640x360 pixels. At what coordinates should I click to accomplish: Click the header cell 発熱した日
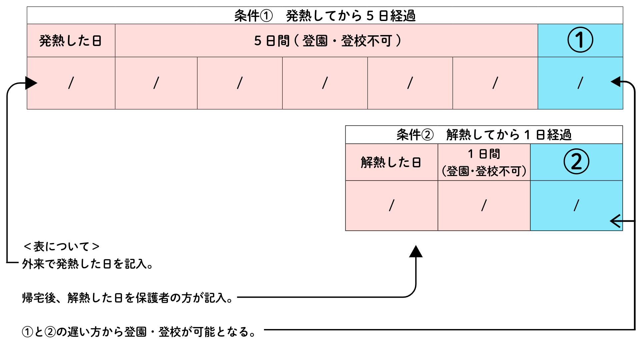pyautogui.click(x=71, y=41)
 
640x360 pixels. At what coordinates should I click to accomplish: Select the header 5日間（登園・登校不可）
pyautogui.click(x=327, y=41)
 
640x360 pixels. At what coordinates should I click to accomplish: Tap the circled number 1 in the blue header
pyautogui.click(x=580, y=40)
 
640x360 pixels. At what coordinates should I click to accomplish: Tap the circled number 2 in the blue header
pyautogui.click(x=576, y=162)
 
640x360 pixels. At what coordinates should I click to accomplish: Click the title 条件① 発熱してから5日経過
pyautogui.click(x=325, y=16)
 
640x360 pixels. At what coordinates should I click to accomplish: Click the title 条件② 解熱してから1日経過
pyautogui.click(x=484, y=135)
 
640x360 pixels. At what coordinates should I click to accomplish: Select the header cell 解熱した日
pyautogui.click(x=391, y=162)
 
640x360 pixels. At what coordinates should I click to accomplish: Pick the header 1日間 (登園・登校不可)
pyautogui.click(x=484, y=162)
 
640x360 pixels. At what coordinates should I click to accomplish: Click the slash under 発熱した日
pyautogui.click(x=71, y=83)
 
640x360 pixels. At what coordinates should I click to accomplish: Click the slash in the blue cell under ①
pyautogui.click(x=580, y=83)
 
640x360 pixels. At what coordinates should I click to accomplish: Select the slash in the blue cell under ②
pyautogui.click(x=576, y=205)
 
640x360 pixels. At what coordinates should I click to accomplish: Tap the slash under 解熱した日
pyautogui.click(x=392, y=205)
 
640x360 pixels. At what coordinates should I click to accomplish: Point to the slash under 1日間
pyautogui.click(x=484, y=205)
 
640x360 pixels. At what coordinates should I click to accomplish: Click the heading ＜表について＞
pyautogui.click(x=62, y=247)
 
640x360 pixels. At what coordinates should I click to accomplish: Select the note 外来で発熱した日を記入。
pyautogui.click(x=88, y=264)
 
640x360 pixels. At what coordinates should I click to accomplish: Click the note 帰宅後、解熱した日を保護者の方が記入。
pyautogui.click(x=128, y=298)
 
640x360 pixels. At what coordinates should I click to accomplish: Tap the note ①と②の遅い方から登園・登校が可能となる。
pyautogui.click(x=139, y=332)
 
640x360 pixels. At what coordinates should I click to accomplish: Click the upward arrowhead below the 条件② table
pyautogui.click(x=416, y=252)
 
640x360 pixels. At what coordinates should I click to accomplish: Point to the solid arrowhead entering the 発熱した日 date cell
pyautogui.click(x=31, y=83)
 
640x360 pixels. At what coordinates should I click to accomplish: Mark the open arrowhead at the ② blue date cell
pyautogui.click(x=615, y=221)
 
